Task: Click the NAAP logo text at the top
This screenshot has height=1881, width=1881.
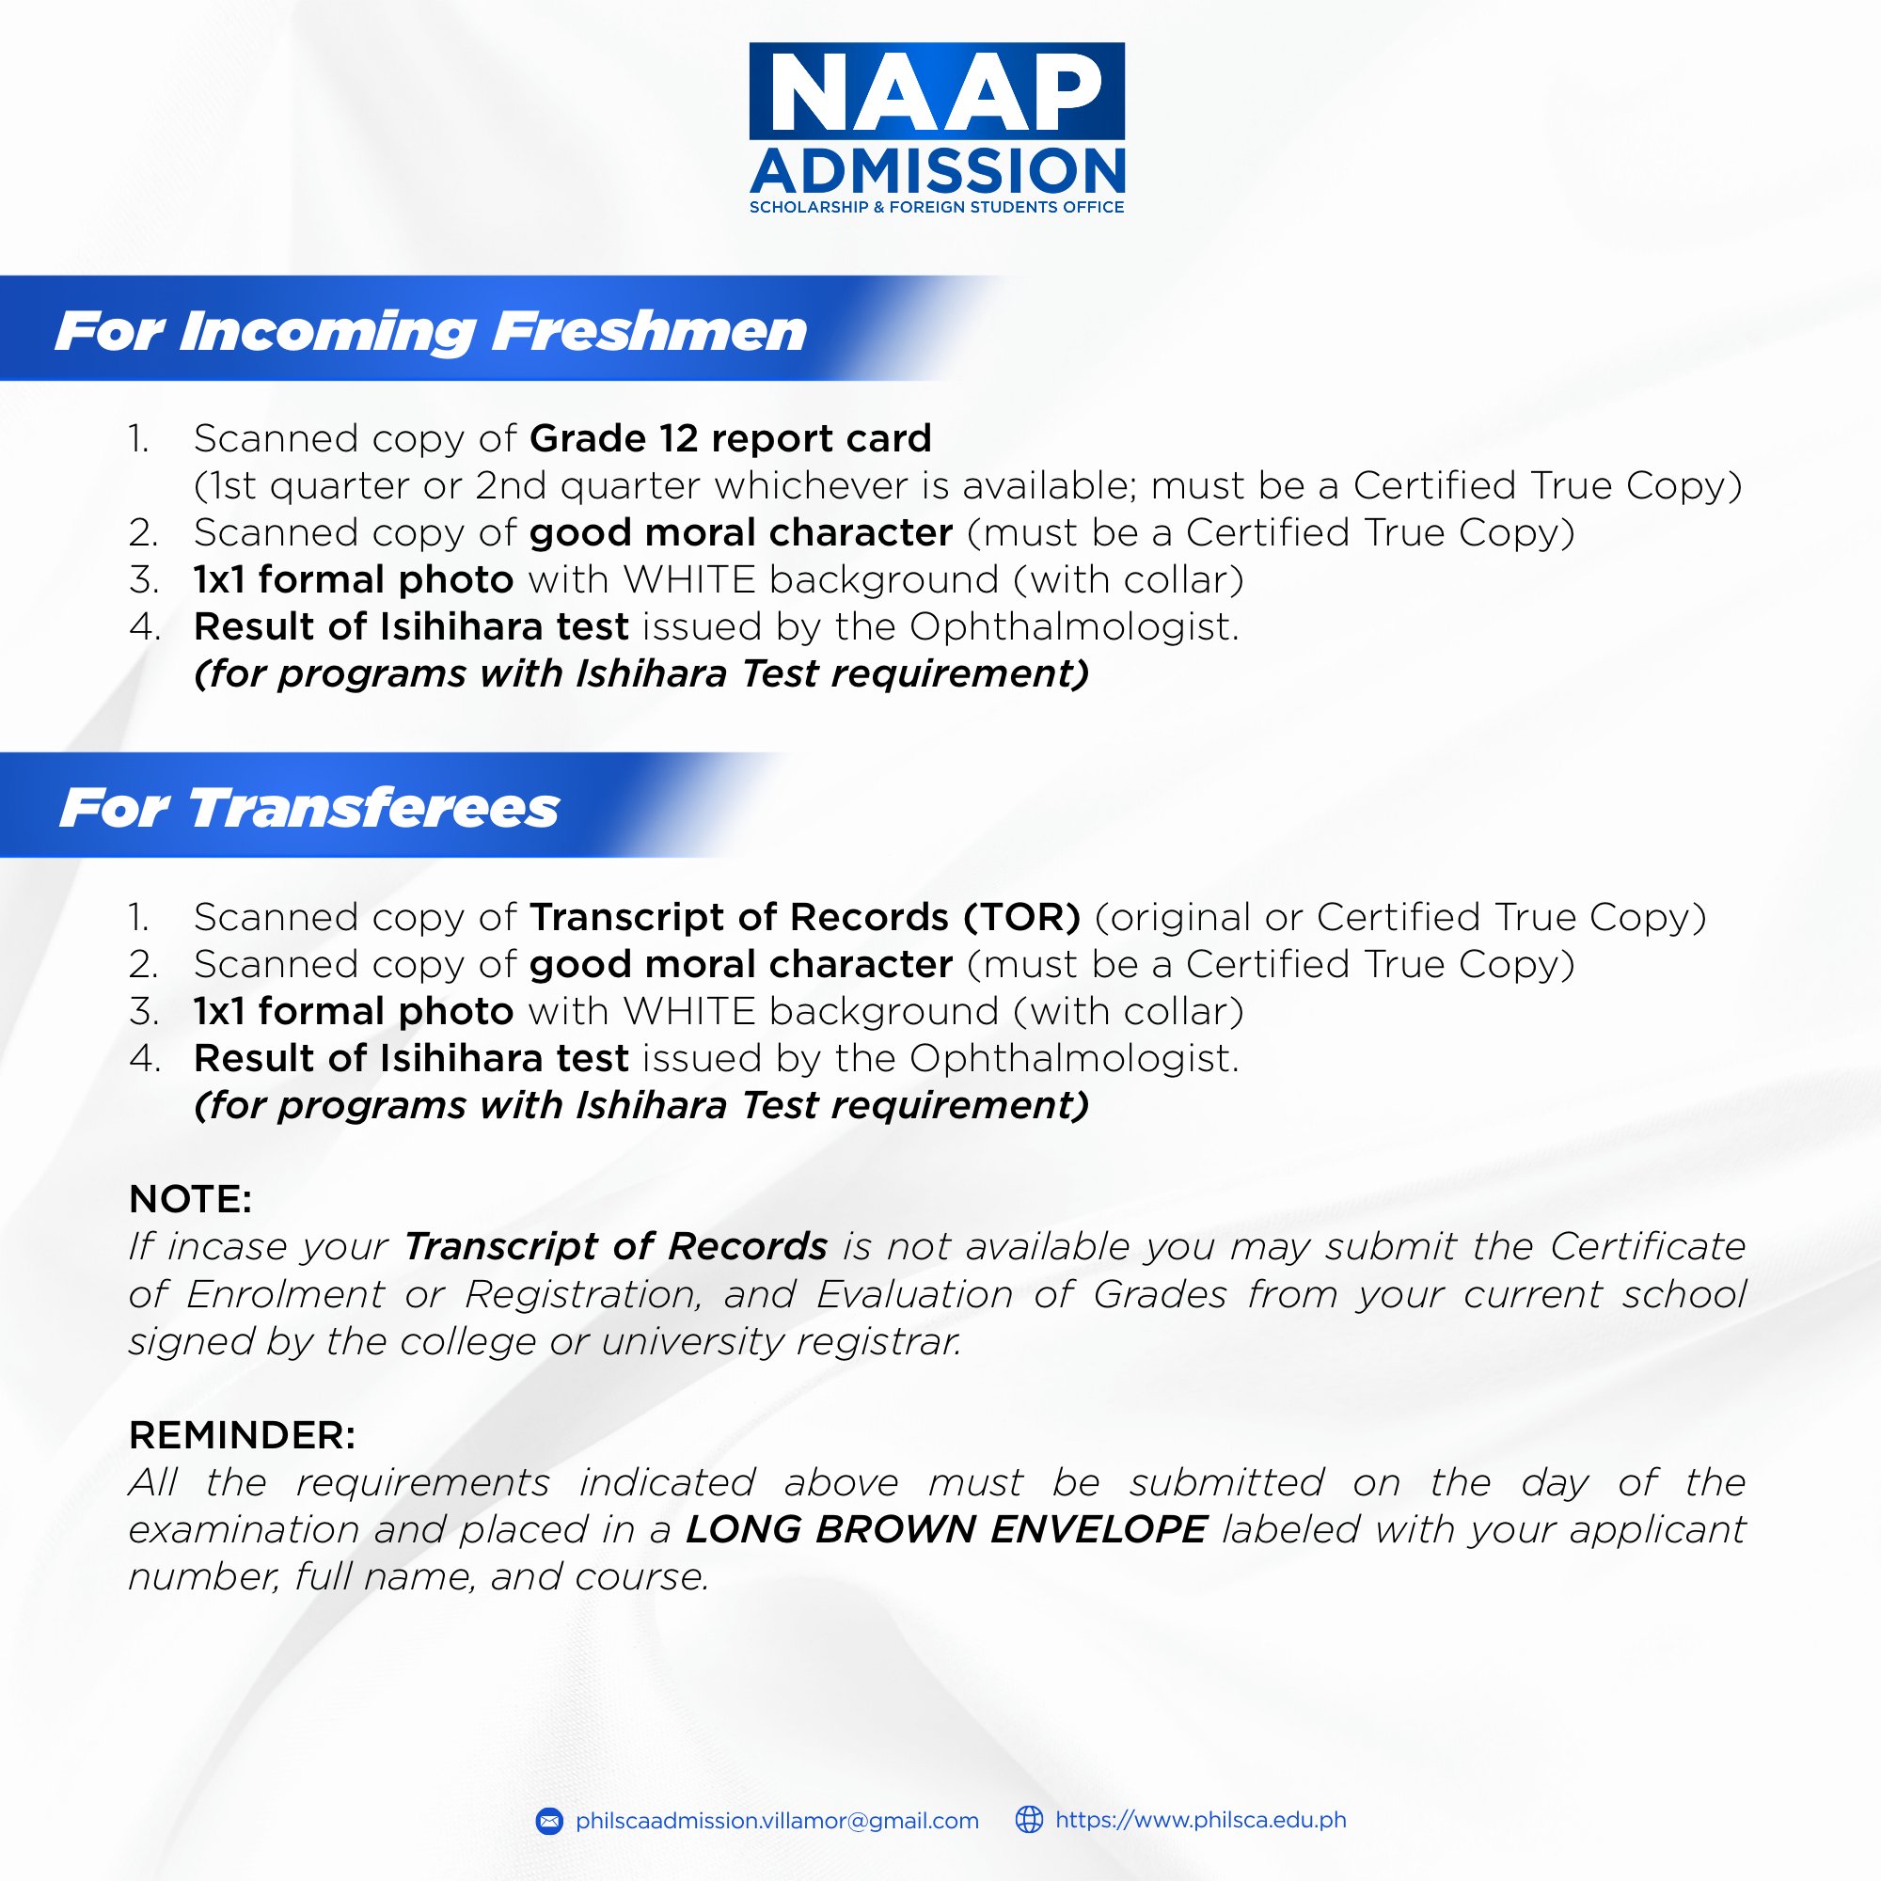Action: click(x=937, y=91)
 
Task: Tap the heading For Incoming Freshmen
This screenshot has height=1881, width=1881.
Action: click(x=431, y=331)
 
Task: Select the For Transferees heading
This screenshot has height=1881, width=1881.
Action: click(x=309, y=808)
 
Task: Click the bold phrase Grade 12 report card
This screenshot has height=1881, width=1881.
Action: click(x=730, y=438)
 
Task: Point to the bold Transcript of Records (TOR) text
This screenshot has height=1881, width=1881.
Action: click(x=805, y=917)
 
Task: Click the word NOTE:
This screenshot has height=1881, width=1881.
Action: click(x=191, y=1199)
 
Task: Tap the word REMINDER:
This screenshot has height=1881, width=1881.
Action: click(x=243, y=1435)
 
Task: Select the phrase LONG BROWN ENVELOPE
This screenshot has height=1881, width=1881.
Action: click(x=946, y=1529)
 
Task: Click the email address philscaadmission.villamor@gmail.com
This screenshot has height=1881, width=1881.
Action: click(x=777, y=1821)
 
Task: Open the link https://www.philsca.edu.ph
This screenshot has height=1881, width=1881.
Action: click(x=1200, y=1820)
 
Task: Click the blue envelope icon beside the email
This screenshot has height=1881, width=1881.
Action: click(x=549, y=1821)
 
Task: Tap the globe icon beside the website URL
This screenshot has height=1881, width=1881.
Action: click(x=1029, y=1820)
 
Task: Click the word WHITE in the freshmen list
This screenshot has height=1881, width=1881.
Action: click(x=689, y=580)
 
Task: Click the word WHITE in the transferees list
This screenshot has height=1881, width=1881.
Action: click(x=689, y=1012)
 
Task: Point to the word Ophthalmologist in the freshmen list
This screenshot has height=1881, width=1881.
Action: click(x=1074, y=628)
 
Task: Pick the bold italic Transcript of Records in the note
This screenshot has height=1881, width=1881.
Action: click(x=615, y=1247)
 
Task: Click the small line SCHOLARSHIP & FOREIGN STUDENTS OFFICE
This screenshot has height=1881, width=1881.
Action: click(x=937, y=207)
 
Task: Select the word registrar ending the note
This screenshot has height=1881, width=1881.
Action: click(x=878, y=1342)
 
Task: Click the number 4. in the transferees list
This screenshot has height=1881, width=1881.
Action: click(x=144, y=1059)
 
